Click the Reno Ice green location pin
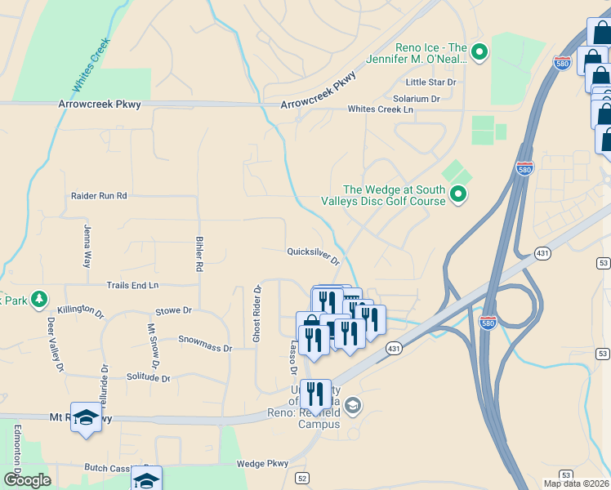tap(479, 52)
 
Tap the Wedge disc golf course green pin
tap(458, 194)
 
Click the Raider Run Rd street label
tap(98, 196)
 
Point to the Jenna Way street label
tap(87, 247)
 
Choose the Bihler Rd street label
tap(198, 254)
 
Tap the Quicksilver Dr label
tap(313, 256)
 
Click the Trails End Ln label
tap(132, 285)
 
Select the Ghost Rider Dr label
tap(257, 314)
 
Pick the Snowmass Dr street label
tap(205, 343)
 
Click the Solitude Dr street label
tap(148, 377)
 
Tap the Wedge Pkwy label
tap(262, 464)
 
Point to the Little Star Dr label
tap(430, 82)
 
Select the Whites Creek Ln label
tap(381, 109)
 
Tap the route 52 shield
tap(302, 478)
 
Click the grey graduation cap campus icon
tap(353, 405)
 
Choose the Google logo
tap(27, 480)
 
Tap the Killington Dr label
tap(81, 311)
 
